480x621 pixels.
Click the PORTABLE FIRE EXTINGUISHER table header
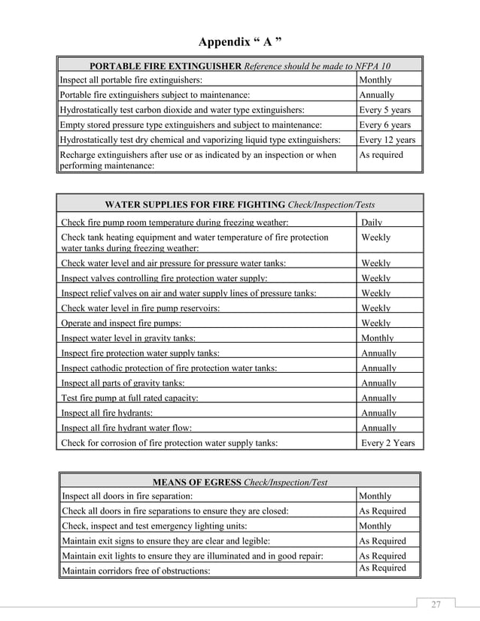(x=240, y=65)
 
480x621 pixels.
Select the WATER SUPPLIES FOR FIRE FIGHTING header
(x=240, y=204)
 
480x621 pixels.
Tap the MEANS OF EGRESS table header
(x=240, y=481)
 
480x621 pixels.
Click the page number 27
(x=436, y=605)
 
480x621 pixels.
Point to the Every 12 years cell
(x=387, y=140)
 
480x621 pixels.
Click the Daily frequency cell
(x=372, y=223)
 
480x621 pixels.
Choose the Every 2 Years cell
(x=387, y=443)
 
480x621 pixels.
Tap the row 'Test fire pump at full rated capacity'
(x=130, y=398)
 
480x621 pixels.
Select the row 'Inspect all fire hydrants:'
(x=107, y=413)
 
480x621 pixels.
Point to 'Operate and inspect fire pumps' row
(x=120, y=323)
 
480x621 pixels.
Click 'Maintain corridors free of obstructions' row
(x=135, y=571)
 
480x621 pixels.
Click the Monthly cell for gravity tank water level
(x=378, y=338)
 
